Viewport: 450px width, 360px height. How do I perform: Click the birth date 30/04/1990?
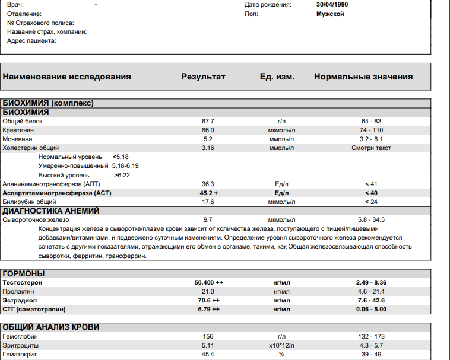pos(333,5)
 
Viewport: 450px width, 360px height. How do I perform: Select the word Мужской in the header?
pos(331,14)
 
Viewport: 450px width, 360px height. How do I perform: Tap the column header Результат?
pos(203,77)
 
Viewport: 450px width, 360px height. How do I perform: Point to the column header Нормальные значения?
pos(363,77)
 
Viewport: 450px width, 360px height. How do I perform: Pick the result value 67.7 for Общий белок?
pos(208,121)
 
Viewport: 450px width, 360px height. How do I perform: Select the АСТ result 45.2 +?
pos(209,193)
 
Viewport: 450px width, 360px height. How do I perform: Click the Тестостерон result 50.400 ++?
pos(209,283)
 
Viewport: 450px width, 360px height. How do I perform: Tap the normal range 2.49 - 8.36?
pos(371,283)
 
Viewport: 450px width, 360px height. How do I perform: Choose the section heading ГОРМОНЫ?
pos(24,273)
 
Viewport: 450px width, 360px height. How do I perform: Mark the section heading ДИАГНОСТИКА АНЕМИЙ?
pos(51,211)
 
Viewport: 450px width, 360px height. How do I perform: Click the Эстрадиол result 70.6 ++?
pos(209,301)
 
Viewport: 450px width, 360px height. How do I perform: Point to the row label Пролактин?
pos(19,292)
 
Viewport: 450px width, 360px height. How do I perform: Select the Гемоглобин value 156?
pos(208,337)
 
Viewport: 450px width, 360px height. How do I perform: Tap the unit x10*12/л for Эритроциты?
pos(281,346)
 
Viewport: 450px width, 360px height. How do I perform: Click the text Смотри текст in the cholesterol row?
pos(371,148)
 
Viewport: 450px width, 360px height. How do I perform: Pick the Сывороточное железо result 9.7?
pos(208,219)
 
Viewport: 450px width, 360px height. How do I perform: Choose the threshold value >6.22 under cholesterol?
pos(122,175)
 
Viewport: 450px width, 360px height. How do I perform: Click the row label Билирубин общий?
pos(27,202)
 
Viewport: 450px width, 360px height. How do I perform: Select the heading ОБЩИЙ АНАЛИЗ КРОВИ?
pos(51,327)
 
